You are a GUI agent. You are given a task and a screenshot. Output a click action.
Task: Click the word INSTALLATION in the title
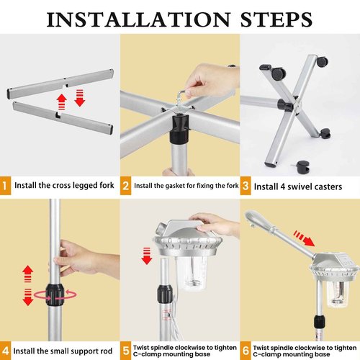[x=139, y=19]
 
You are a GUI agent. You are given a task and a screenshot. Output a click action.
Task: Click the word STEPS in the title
[x=276, y=19]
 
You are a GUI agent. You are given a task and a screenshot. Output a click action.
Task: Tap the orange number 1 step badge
[x=5, y=186]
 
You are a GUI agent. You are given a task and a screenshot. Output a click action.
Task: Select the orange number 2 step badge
[x=125, y=186]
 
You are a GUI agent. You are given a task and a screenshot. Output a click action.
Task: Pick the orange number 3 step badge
[x=246, y=186]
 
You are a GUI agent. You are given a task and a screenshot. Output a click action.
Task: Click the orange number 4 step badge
[x=5, y=351]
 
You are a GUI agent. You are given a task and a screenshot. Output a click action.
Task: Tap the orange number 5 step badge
[x=125, y=351]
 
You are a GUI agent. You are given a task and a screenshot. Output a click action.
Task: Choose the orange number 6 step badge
[x=246, y=351]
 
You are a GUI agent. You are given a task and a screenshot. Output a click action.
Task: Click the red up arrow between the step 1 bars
[x=62, y=102]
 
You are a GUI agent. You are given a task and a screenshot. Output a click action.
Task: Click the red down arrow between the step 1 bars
[x=80, y=98]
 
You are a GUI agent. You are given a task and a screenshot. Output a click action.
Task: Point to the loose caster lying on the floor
[x=302, y=167]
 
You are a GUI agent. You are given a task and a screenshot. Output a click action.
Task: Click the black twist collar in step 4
[x=55, y=294]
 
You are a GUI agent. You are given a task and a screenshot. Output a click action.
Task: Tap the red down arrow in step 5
[x=147, y=256]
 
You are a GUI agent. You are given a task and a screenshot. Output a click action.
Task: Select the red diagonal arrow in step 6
[x=305, y=238]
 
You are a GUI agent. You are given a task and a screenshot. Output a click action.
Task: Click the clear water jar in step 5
[x=192, y=273]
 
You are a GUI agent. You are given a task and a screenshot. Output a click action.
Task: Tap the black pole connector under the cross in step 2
[x=179, y=130]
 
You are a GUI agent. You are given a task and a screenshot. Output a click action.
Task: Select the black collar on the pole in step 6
[x=320, y=322]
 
